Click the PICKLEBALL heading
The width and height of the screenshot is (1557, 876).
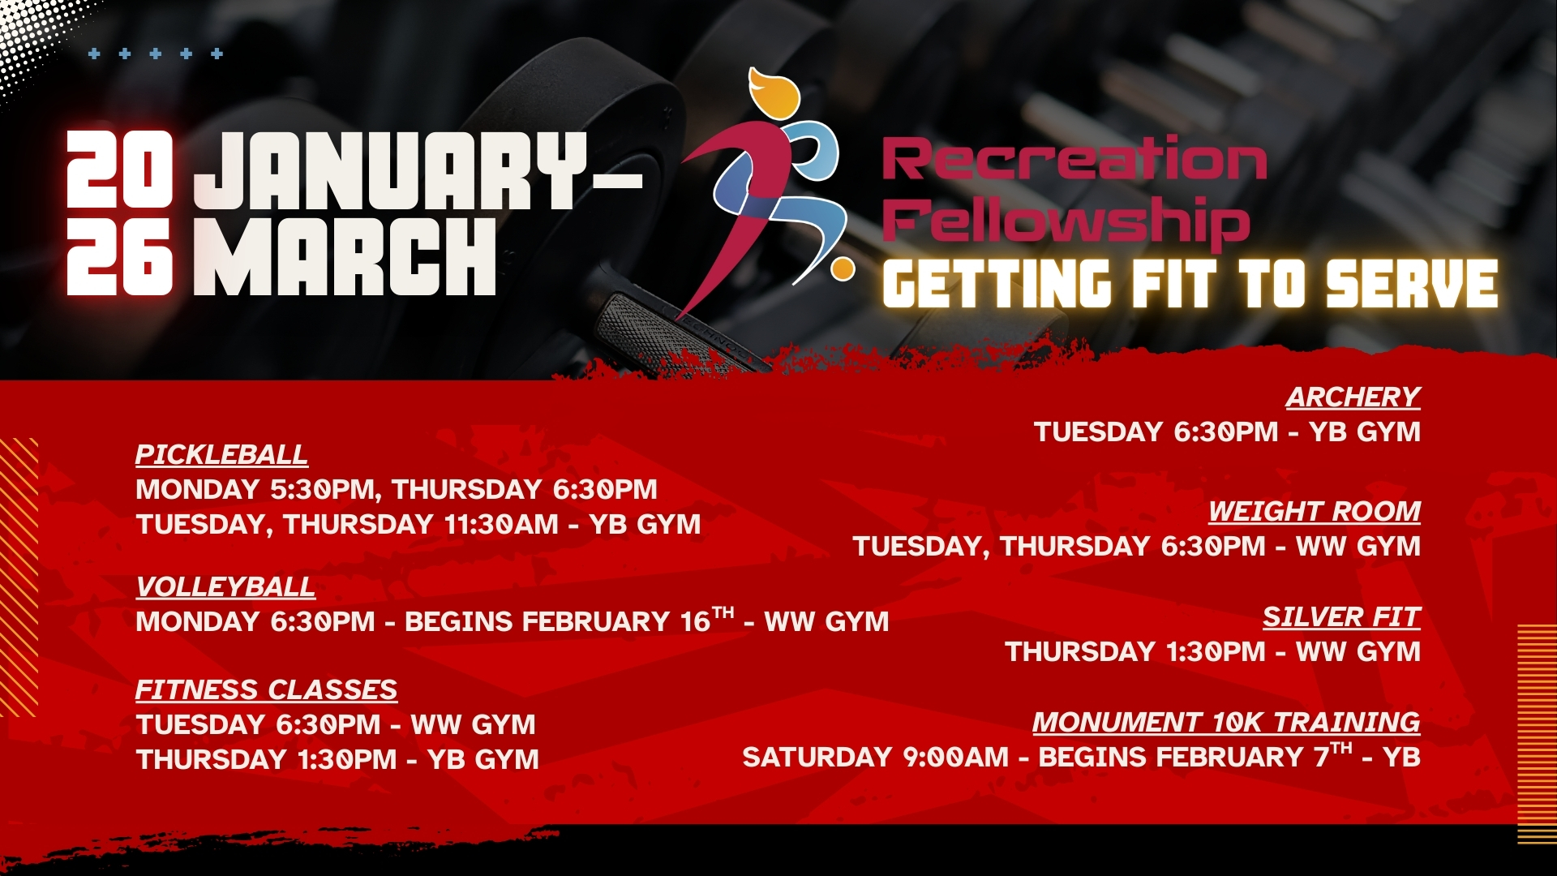click(221, 454)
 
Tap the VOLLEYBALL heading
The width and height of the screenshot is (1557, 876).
click(225, 586)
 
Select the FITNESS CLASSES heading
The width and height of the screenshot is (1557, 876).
click(266, 689)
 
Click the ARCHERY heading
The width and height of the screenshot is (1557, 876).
click(1353, 397)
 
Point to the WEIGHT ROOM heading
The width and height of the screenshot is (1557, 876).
click(1315, 511)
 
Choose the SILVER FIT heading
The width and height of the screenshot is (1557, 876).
click(1341, 617)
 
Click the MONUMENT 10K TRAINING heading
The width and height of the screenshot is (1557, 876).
click(1226, 722)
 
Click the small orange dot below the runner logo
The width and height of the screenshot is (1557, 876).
click(843, 268)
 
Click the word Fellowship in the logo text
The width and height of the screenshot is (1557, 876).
click(1066, 220)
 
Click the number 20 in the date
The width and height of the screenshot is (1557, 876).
click(119, 170)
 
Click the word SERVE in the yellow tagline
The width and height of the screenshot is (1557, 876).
click(1412, 284)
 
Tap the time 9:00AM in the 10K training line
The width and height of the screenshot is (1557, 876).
click(955, 758)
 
